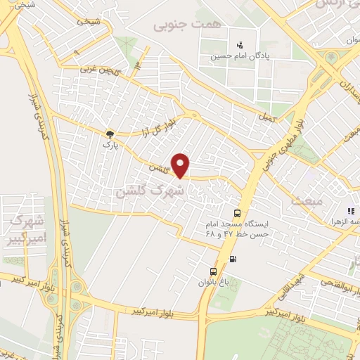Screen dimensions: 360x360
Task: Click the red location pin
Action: pyautogui.click(x=181, y=165)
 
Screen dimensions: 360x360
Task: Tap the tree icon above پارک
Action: pyautogui.click(x=109, y=134)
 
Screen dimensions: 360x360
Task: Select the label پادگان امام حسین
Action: pyautogui.click(x=243, y=53)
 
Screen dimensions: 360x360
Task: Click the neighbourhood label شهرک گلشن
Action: pyautogui.click(x=150, y=190)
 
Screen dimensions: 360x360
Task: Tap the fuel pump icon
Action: pyautogui.click(x=233, y=259)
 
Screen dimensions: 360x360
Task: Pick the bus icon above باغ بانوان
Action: pyautogui.click(x=213, y=271)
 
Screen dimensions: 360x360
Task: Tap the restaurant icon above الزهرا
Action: pyautogui.click(x=349, y=210)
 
